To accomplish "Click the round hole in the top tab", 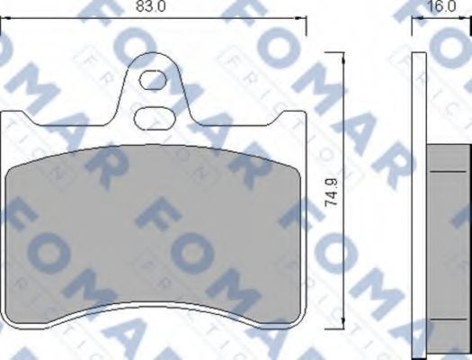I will pos(153,79).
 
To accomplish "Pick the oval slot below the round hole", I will pos(154,117).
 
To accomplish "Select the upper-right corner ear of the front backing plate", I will pos(297,119).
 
